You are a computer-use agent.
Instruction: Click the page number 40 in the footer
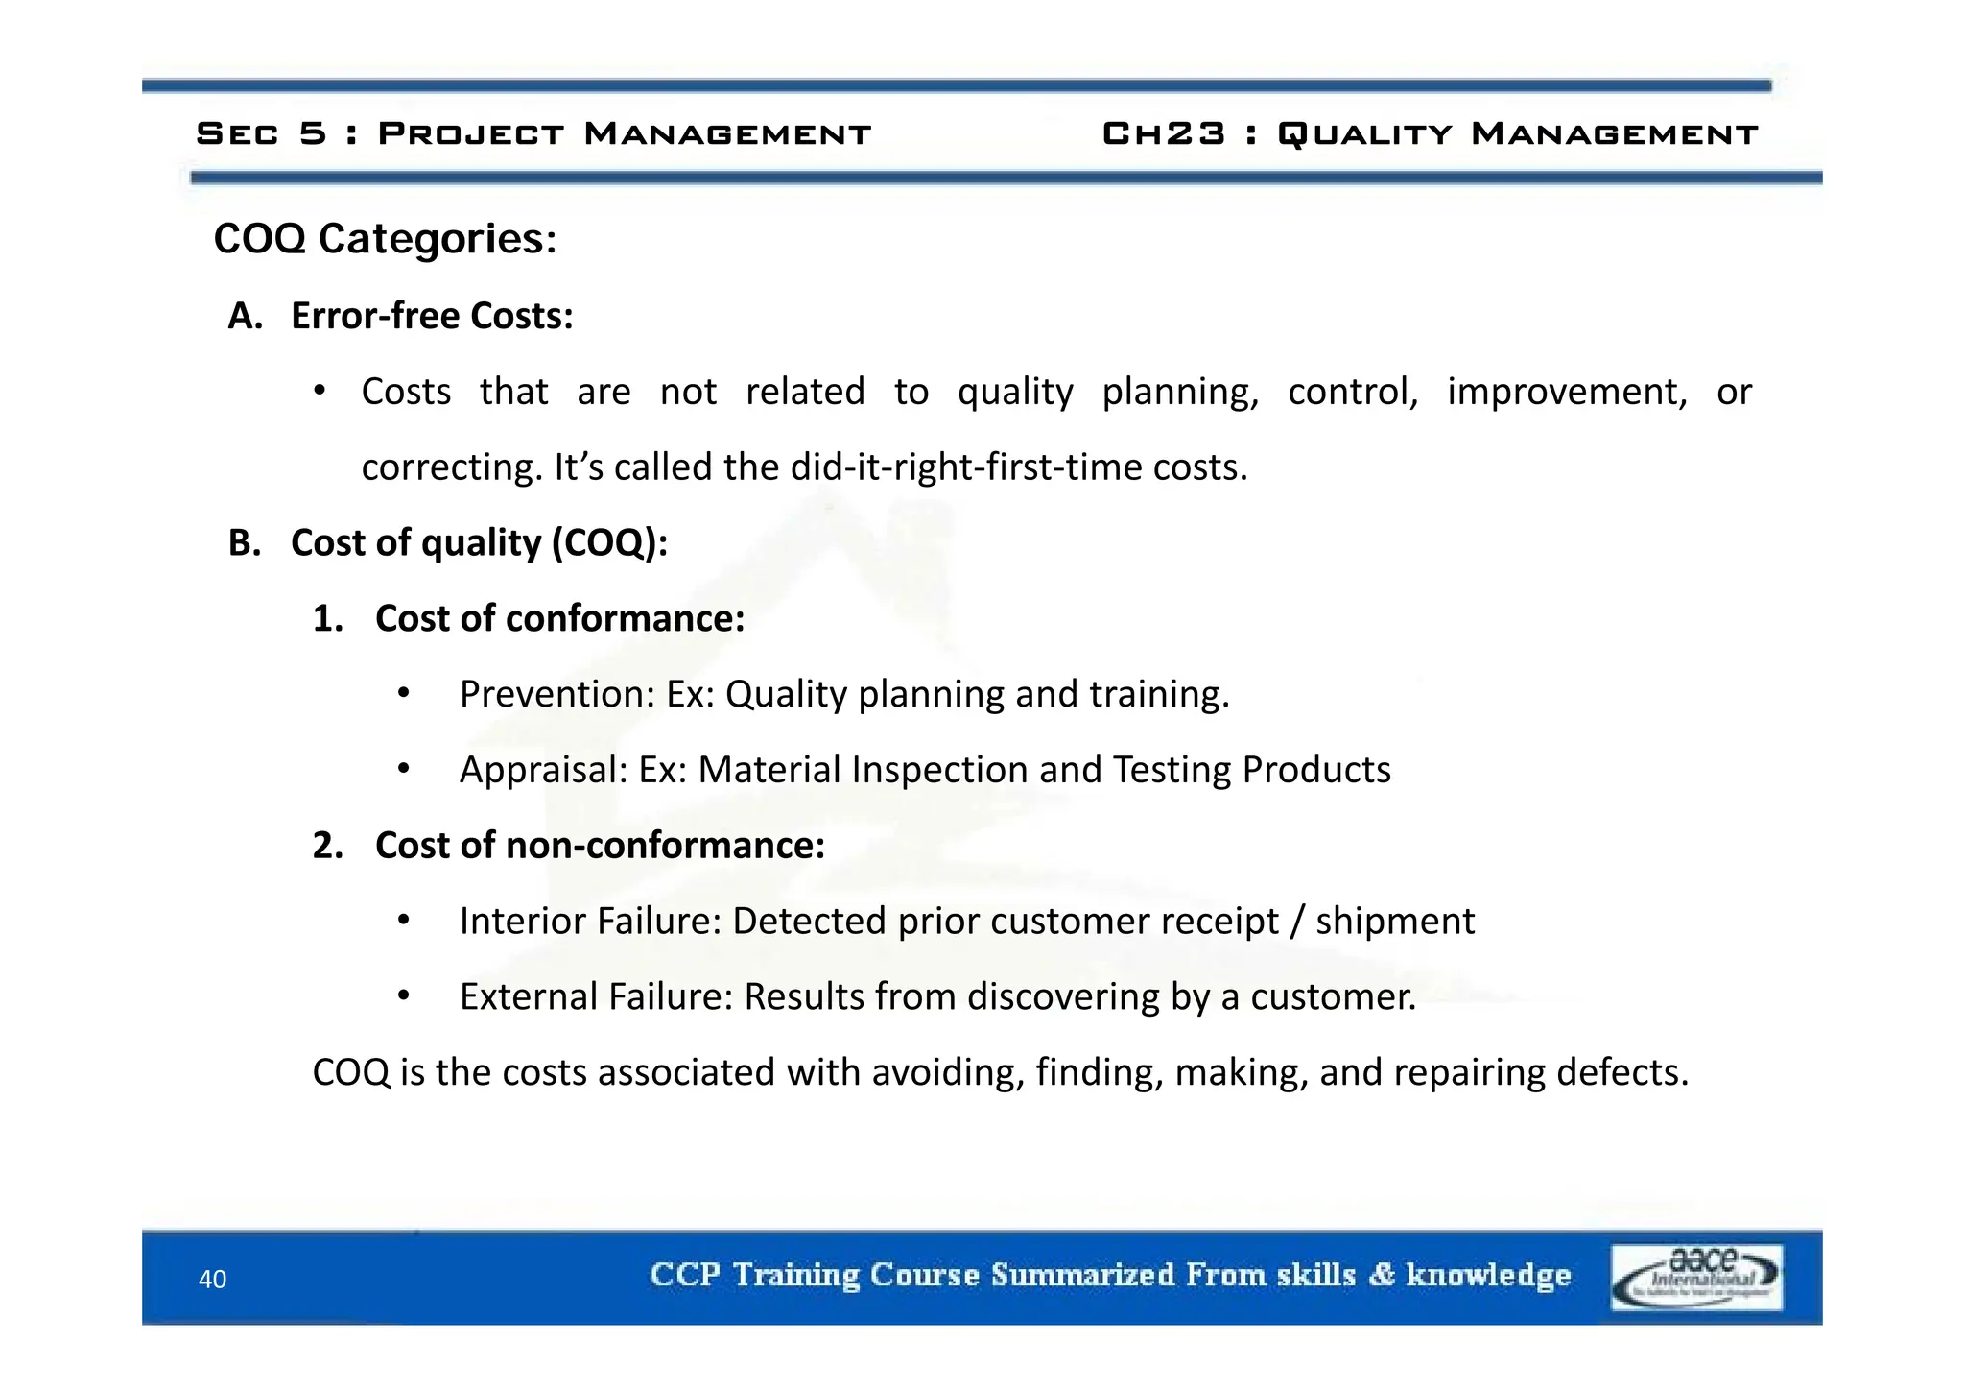click(212, 1279)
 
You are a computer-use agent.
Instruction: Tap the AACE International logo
click(1696, 1277)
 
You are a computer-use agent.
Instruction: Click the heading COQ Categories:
click(385, 238)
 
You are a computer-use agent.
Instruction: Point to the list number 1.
click(327, 619)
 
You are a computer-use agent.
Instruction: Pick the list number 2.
click(327, 846)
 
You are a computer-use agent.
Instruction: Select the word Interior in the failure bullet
click(523, 922)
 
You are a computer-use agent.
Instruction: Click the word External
click(529, 997)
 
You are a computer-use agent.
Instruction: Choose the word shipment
click(1395, 922)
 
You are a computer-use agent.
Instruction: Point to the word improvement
click(1566, 392)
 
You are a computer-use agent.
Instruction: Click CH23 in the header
click(1164, 133)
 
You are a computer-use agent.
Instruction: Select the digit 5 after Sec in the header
click(313, 133)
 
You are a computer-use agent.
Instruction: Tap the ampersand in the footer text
click(1382, 1275)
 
